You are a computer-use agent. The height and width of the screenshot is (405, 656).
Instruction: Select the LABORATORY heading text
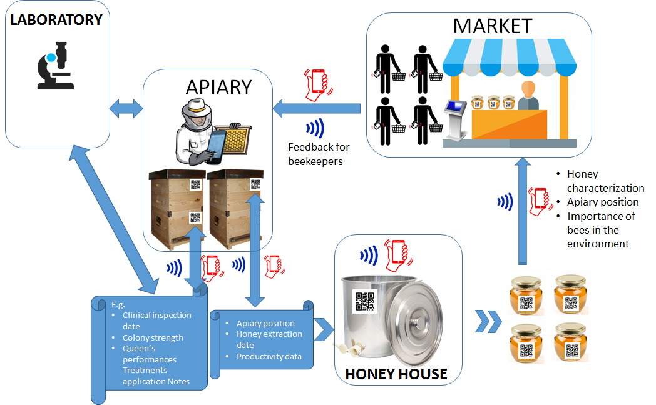point(56,20)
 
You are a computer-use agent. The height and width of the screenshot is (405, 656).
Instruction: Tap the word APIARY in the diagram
point(218,86)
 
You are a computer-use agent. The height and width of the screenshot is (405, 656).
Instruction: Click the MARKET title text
point(493,26)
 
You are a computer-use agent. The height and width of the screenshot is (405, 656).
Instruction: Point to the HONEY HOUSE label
point(396,374)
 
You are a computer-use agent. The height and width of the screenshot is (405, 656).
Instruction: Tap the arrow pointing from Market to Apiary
point(316,109)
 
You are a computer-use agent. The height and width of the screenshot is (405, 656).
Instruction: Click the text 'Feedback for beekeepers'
point(319,154)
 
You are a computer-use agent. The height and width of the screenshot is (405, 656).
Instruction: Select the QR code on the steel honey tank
point(365,302)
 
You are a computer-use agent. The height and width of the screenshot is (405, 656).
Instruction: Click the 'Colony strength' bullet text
point(153,337)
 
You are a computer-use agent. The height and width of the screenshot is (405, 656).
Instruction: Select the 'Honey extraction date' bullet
point(269,339)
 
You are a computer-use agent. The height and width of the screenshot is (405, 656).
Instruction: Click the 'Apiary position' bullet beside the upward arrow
point(603,202)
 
